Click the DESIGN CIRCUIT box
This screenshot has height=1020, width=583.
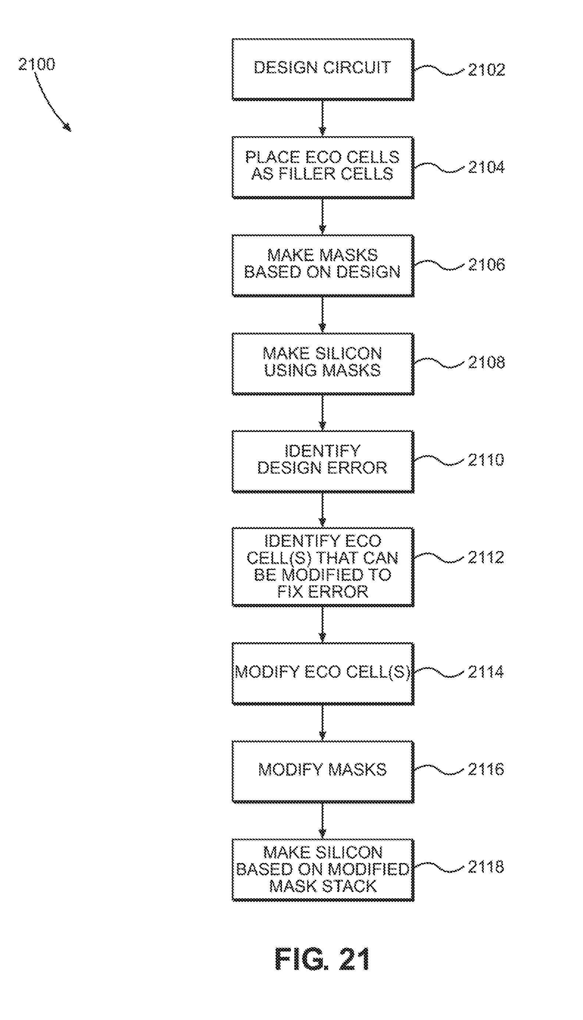coord(323,69)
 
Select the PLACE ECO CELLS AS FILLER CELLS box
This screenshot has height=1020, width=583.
coord(323,167)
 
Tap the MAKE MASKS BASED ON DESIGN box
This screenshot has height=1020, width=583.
coord(323,265)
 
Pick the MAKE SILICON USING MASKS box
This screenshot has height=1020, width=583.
coord(323,363)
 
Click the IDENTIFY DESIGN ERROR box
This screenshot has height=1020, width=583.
coord(323,461)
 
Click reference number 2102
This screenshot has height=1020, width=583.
coord(486,70)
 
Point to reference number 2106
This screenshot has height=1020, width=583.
coord(486,265)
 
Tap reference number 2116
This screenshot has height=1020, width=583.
coord(486,770)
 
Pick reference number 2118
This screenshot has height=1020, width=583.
coord(486,867)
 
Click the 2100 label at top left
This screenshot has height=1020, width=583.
coord(37,64)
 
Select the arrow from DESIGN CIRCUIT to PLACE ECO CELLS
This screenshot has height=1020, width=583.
coord(323,118)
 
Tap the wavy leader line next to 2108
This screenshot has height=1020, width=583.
coord(439,362)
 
